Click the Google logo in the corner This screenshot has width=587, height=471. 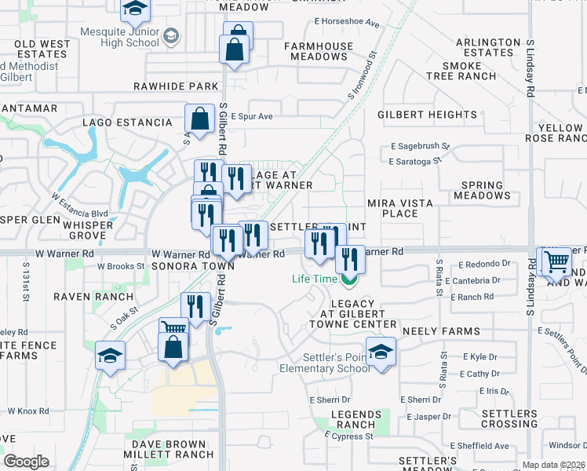[26, 461]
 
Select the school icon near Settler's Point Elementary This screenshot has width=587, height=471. [381, 352]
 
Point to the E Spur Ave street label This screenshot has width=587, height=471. [251, 116]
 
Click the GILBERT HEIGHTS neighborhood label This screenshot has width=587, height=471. [427, 115]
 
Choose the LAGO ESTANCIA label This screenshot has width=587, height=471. [127, 122]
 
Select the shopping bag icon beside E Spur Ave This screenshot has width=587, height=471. [200, 119]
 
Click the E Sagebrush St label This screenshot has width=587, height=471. [419, 146]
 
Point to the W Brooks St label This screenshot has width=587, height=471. [121, 266]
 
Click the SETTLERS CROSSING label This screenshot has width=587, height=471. [509, 418]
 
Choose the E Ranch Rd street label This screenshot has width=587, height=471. [473, 297]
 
